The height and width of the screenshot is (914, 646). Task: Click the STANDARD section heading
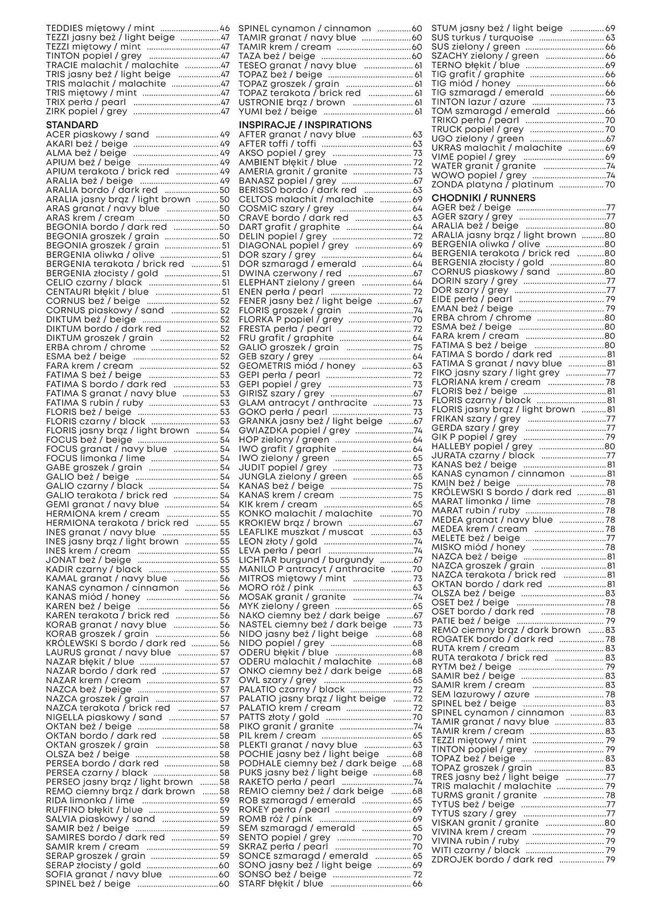pyautogui.click(x=72, y=125)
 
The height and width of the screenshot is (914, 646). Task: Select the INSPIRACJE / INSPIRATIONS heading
pyautogui.click(x=305, y=125)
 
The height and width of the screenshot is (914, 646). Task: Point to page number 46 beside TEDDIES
pyautogui.click(x=225, y=28)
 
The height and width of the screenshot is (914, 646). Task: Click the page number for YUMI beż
pyautogui.click(x=418, y=112)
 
